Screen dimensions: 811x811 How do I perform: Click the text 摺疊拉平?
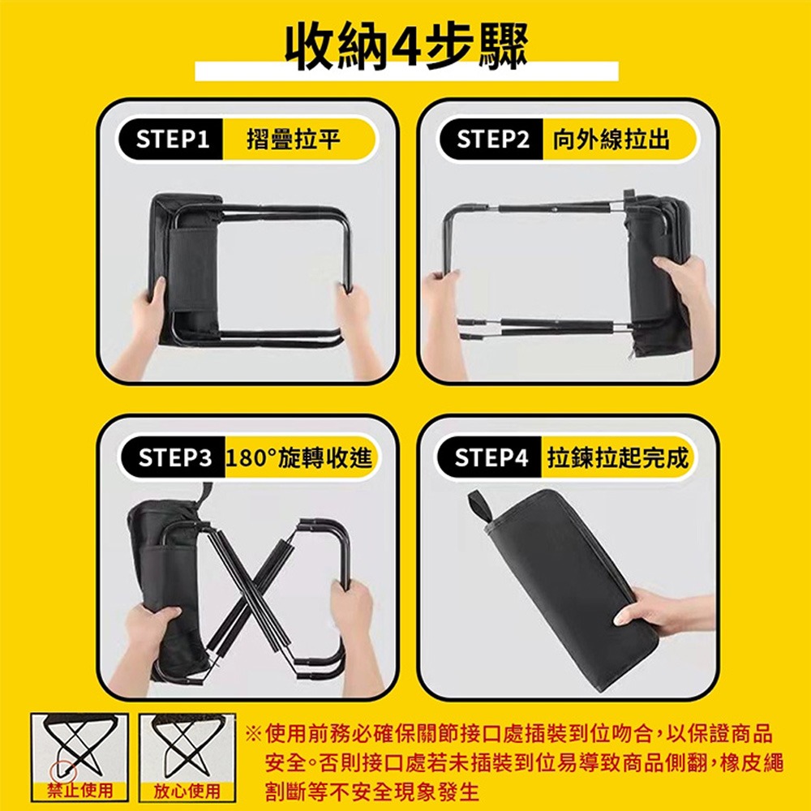point(294,140)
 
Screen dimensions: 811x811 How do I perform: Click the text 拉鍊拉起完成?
point(617,458)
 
